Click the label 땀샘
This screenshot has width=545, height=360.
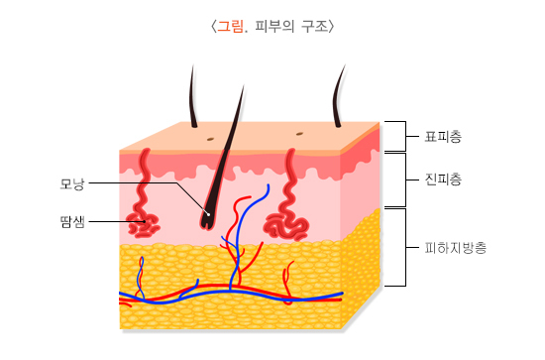pos(72,222)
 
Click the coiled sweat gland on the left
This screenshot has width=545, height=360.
pos(146,225)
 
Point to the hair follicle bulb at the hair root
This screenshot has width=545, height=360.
pos(207,217)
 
